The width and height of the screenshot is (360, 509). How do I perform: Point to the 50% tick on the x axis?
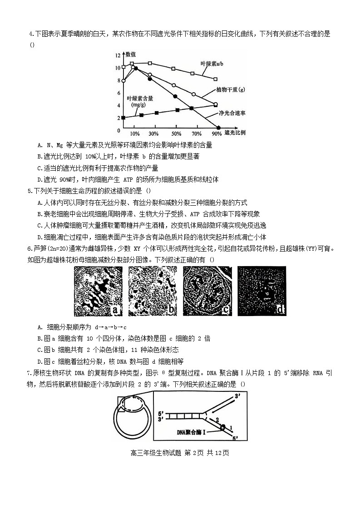pos(176,134)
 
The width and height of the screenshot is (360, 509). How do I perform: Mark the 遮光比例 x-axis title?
pos(235,133)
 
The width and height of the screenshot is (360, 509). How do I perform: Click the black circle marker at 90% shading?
pos(219,128)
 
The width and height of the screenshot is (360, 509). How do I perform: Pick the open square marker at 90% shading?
pos(216,79)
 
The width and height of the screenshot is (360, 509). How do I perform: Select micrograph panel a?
pos(99,291)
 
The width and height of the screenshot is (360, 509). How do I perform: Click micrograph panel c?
pos(207,291)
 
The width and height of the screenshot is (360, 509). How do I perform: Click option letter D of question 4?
pos(40,179)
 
